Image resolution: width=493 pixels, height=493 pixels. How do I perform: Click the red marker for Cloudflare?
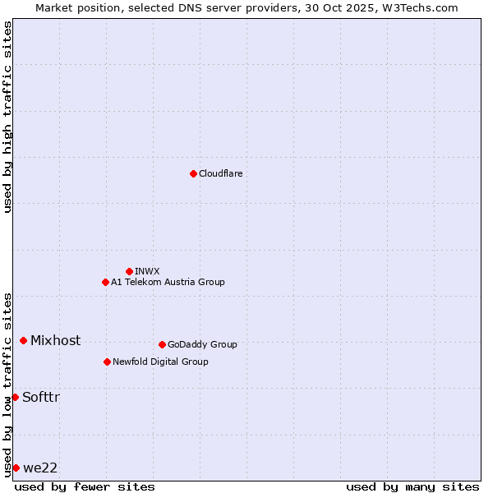tap(193, 173)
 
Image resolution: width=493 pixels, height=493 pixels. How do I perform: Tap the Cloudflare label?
tap(220, 173)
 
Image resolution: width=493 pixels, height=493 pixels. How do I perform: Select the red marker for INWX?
tap(129, 271)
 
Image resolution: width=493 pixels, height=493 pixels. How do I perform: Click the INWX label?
tap(147, 271)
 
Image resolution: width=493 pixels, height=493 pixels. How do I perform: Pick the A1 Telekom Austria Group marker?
tap(105, 282)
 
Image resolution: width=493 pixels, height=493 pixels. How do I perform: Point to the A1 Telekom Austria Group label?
tap(168, 282)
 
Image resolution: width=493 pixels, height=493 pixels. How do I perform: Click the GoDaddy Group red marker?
tap(162, 344)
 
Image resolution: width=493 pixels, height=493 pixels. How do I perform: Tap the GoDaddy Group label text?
tap(202, 344)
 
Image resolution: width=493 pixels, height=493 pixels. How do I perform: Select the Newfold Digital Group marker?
tap(107, 362)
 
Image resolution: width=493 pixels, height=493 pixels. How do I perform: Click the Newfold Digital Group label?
tap(160, 362)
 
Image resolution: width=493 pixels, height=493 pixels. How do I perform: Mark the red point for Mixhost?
tap(23, 340)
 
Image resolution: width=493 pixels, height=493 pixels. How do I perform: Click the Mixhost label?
tap(55, 340)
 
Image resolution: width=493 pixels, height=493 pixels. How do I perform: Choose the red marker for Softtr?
tap(15, 397)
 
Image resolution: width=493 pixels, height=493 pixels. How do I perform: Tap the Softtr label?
tap(41, 397)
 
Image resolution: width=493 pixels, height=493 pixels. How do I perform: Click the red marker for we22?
tap(16, 468)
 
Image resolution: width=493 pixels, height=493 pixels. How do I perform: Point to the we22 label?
tap(40, 468)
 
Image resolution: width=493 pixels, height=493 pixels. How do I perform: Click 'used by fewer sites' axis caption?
tap(85, 486)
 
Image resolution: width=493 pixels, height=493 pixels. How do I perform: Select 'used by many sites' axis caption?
tap(412, 486)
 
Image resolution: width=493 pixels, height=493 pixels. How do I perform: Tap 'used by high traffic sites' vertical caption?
tap(7, 117)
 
